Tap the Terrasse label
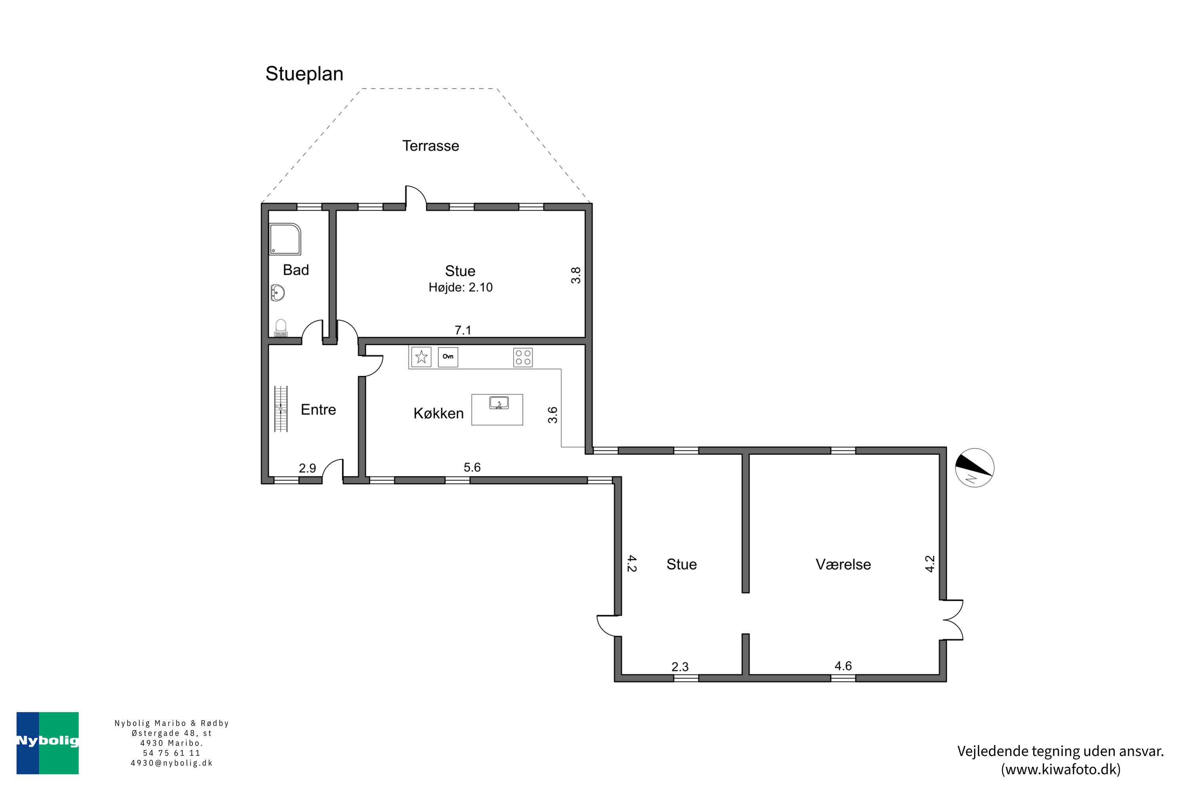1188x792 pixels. coord(430,146)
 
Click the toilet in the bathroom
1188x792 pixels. coord(281,328)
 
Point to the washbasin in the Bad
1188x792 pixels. coord(277,293)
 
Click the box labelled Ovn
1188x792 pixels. coord(447,357)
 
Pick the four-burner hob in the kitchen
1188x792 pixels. coord(523,358)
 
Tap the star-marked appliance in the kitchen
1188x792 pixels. coord(421,357)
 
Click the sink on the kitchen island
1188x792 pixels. coord(499,403)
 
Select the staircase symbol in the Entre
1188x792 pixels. coord(281,409)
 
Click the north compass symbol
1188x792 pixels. coord(974,468)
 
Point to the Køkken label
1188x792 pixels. coord(438,413)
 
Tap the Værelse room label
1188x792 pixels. coord(843,564)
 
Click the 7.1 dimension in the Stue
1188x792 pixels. coord(463,330)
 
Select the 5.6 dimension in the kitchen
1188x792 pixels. coord(472,468)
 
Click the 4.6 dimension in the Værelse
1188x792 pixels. coord(843,666)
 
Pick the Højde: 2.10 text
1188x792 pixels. coord(460,287)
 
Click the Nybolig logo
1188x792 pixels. coord(48,743)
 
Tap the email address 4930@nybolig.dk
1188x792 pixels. coord(172,763)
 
